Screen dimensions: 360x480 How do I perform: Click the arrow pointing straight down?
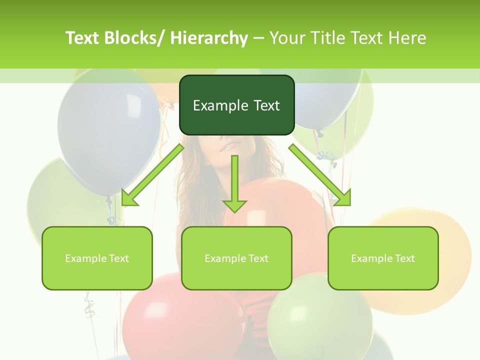click(x=234, y=185)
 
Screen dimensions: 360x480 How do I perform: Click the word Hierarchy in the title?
click(x=209, y=38)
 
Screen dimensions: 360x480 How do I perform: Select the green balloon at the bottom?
click(x=320, y=320)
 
